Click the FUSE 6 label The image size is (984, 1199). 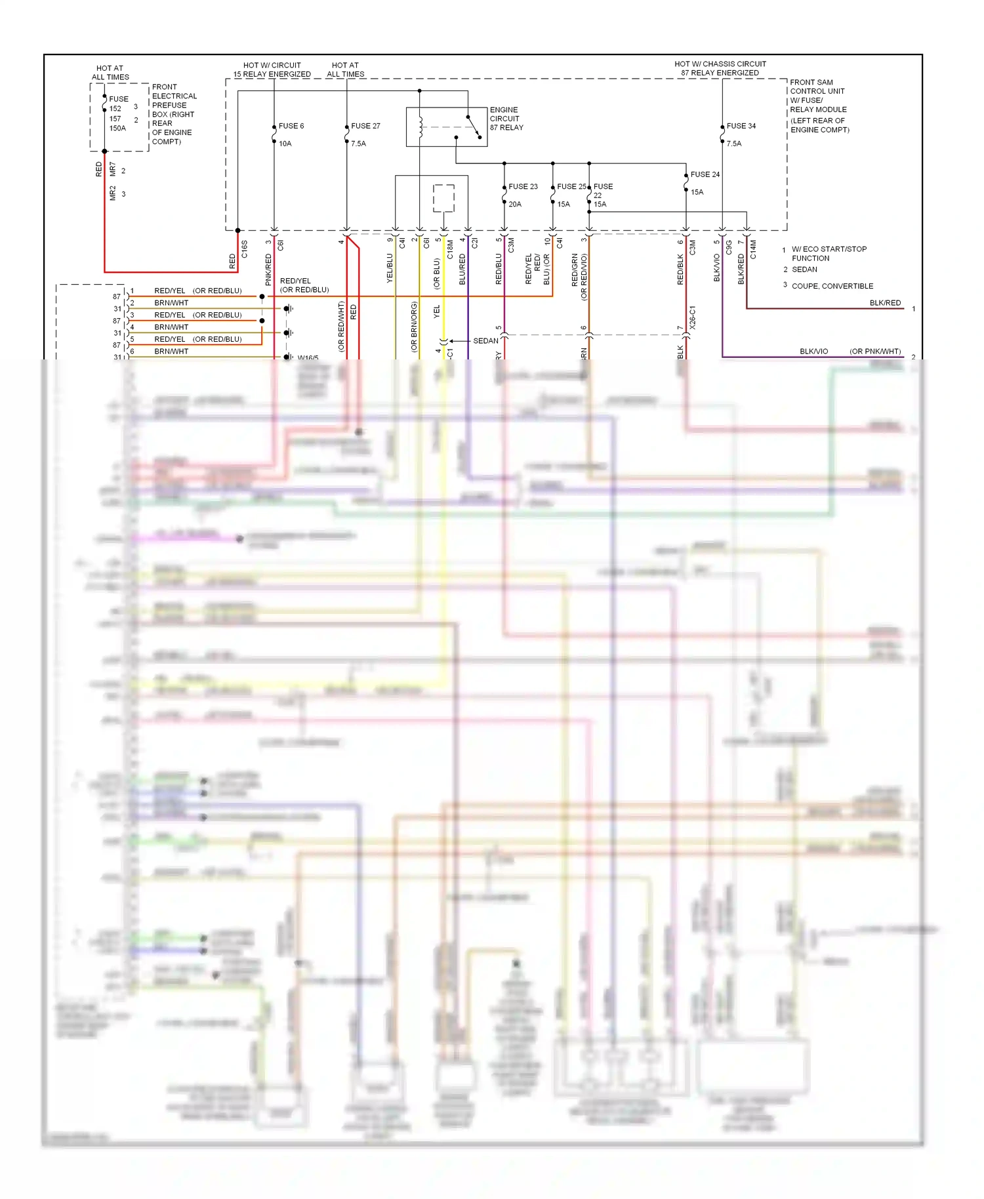[x=291, y=126]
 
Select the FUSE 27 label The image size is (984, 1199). [x=365, y=126]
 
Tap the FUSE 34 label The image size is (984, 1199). [x=741, y=126]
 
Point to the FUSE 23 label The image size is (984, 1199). [x=523, y=187]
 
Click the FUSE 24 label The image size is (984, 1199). [x=705, y=174]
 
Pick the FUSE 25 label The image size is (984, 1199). [x=571, y=187]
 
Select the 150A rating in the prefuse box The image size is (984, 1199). [x=117, y=129]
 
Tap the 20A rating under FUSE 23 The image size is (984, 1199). [x=515, y=205]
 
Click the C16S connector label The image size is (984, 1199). [x=245, y=249]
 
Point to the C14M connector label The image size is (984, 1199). [x=753, y=249]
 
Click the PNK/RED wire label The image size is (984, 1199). [x=268, y=270]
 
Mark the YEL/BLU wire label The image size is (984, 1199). [x=390, y=268]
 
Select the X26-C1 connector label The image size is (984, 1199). [x=693, y=317]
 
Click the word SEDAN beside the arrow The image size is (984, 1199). [x=485, y=341]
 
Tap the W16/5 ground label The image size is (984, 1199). [x=308, y=358]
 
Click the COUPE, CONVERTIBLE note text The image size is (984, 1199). [x=832, y=286]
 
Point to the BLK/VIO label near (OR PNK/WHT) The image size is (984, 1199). [x=813, y=352]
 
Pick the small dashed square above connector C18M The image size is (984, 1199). [x=443, y=198]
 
